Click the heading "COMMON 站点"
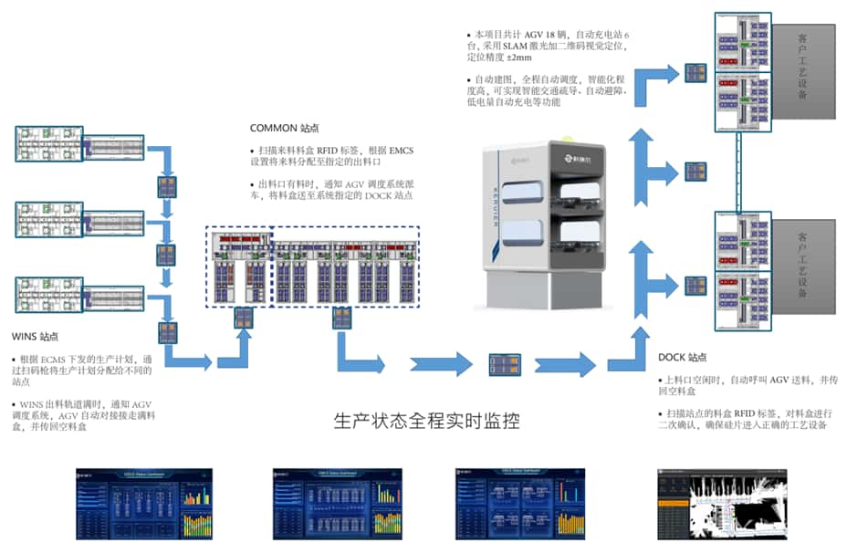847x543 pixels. pos(284,129)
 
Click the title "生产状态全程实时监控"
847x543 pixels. pos(426,422)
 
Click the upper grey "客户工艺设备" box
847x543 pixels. pos(801,65)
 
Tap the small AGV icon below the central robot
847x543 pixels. pos(505,363)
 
